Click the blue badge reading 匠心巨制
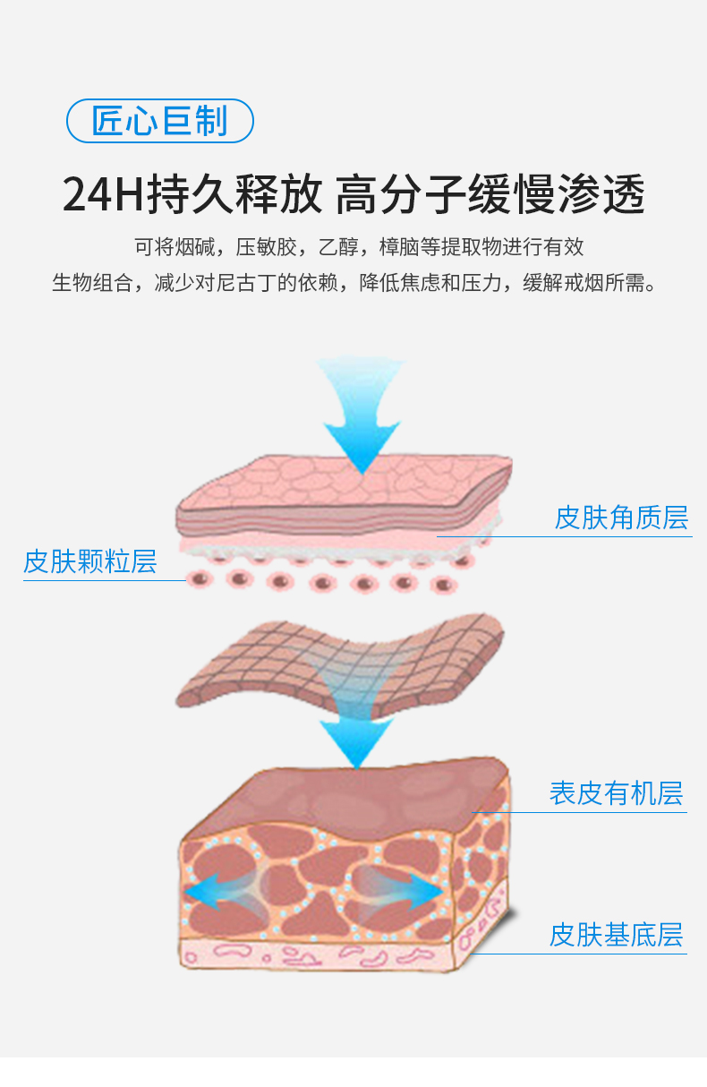pos(160,121)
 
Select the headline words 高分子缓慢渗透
pos(490,195)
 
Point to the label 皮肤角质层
pos(621,518)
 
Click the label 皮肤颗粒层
pos(89,562)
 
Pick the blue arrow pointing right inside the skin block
pos(416,890)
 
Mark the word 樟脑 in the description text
pos(397,246)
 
